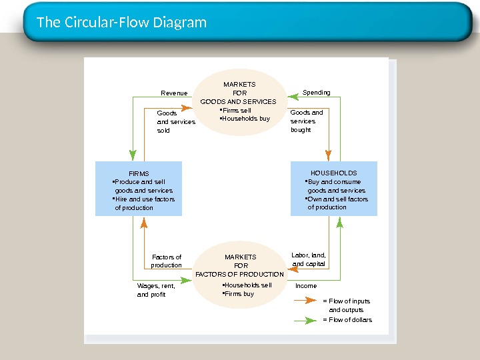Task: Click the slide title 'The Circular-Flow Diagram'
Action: [x=121, y=23]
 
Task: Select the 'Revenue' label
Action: [x=174, y=93]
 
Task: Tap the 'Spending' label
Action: [x=316, y=93]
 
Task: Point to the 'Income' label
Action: [x=306, y=285]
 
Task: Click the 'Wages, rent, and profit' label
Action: [x=156, y=290]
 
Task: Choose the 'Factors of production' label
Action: [x=167, y=261]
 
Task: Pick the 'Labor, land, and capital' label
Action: [x=308, y=259]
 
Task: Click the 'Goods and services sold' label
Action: [x=176, y=121]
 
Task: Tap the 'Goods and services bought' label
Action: [x=307, y=121]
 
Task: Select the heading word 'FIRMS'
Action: [x=139, y=173]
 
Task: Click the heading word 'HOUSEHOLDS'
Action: [x=334, y=173]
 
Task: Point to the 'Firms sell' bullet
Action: [x=235, y=110]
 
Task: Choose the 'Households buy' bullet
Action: [x=245, y=119]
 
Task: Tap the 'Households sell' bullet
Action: [x=247, y=285]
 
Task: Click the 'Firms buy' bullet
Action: [x=238, y=294]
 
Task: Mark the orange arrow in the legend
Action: [x=305, y=300]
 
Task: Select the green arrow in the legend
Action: [x=305, y=321]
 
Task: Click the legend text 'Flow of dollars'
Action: [x=350, y=319]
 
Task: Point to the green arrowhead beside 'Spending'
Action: [x=293, y=97]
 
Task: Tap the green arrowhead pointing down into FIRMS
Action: [x=133, y=155]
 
